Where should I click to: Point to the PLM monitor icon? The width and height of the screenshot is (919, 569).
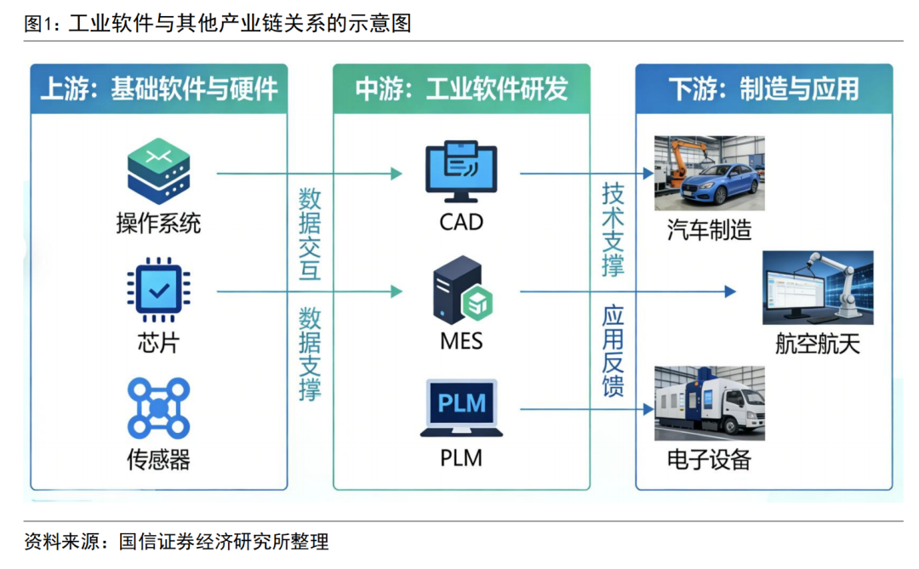click(x=460, y=407)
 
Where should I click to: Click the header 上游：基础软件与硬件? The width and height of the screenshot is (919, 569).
click(x=159, y=88)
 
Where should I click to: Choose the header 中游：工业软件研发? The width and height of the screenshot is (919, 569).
click(x=461, y=88)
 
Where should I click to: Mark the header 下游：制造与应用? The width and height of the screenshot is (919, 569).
click(x=763, y=88)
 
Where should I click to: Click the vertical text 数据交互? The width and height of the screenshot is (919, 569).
click(x=310, y=235)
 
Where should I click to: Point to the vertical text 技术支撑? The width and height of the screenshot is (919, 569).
click(x=613, y=229)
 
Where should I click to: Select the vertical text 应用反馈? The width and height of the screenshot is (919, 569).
click(x=613, y=351)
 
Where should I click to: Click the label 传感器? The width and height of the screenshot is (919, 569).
click(x=158, y=460)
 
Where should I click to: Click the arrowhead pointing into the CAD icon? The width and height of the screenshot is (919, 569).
click(x=396, y=174)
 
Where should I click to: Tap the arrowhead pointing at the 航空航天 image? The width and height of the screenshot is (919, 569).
click(x=729, y=292)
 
